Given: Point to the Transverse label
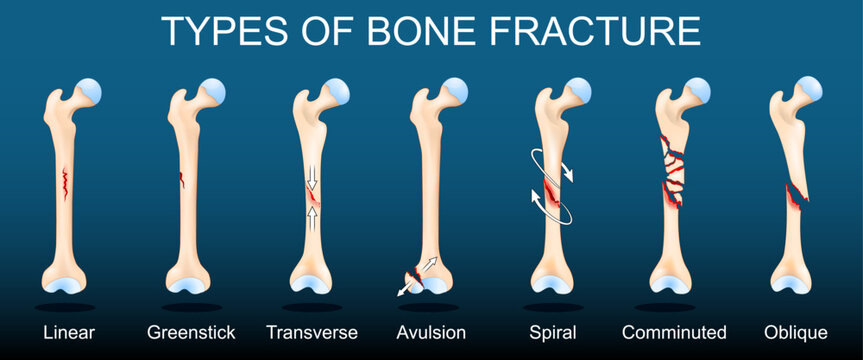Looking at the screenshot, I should tap(312, 332).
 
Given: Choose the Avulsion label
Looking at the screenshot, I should tap(431, 332).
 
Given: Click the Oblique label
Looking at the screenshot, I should tap(795, 332).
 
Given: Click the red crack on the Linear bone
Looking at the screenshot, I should tap(64, 184).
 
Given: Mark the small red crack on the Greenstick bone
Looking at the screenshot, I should tap(182, 179).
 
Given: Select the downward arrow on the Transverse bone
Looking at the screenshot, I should tap(310, 177).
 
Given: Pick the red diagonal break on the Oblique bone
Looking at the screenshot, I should tap(796, 196).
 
